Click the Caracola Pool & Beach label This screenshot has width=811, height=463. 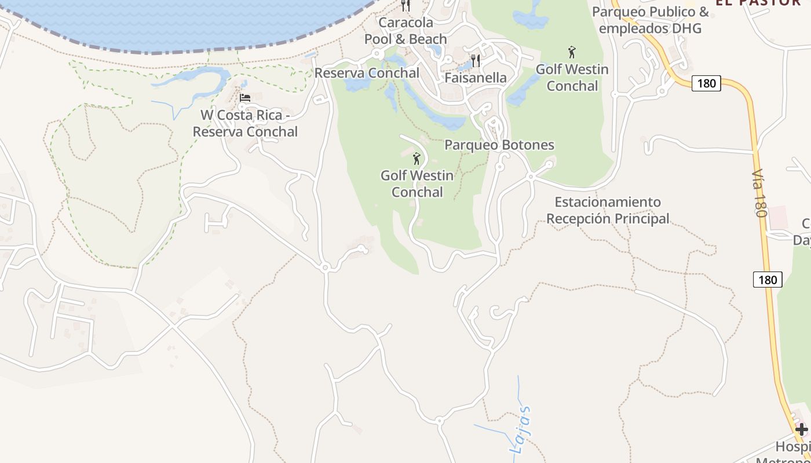click(405, 31)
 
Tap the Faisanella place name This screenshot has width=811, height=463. click(476, 78)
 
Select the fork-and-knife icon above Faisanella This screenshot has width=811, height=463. click(476, 60)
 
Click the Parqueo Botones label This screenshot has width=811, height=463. click(499, 145)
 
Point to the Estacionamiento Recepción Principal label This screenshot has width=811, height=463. click(608, 210)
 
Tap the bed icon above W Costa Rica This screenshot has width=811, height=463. click(245, 98)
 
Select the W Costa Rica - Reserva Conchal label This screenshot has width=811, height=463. click(245, 123)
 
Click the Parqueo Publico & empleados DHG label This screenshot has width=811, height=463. click(650, 20)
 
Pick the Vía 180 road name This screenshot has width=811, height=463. click(759, 193)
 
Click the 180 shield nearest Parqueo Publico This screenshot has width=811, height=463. click(706, 83)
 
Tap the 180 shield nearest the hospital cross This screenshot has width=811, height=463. click(768, 280)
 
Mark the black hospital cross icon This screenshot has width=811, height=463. click(801, 429)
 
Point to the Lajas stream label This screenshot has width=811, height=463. click(520, 429)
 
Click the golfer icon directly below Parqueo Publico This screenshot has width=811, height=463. click(572, 52)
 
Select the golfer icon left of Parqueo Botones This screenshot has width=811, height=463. click(417, 158)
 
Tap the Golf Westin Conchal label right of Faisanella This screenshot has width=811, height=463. click(572, 78)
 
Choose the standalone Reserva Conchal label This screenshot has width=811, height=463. click(367, 73)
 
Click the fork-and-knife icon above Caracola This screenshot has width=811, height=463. click(405, 6)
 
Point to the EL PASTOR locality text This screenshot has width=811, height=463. click(758, 2)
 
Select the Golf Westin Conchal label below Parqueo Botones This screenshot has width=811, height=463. click(417, 183)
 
